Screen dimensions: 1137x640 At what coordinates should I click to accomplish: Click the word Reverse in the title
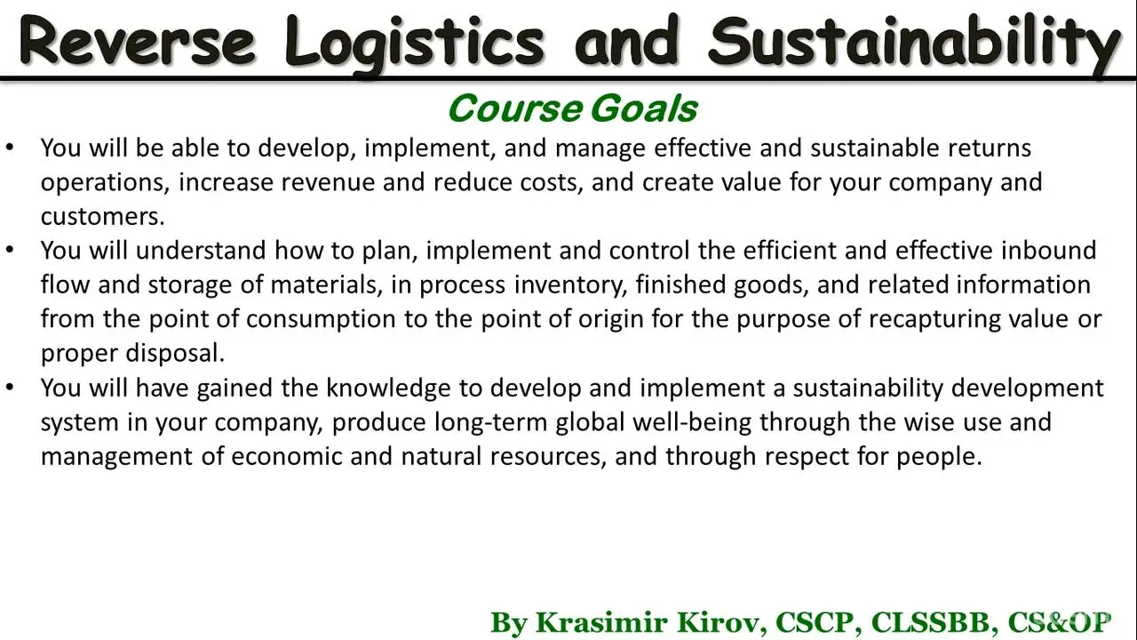[137, 41]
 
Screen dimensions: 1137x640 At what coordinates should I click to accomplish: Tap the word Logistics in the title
[415, 44]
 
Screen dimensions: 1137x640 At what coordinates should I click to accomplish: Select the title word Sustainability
[914, 44]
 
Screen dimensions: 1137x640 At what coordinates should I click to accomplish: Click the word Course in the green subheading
[515, 108]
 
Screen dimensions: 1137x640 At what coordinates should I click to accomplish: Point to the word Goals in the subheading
[644, 108]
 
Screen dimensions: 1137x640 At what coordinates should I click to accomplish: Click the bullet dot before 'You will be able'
[10, 148]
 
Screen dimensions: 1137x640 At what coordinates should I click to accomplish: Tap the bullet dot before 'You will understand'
[10, 250]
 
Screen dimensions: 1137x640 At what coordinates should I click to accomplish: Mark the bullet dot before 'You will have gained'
[10, 387]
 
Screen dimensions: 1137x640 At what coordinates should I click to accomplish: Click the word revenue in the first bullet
[328, 183]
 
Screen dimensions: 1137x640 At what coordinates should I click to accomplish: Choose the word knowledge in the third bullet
[388, 388]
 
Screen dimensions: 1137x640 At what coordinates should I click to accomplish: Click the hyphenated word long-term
[490, 422]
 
